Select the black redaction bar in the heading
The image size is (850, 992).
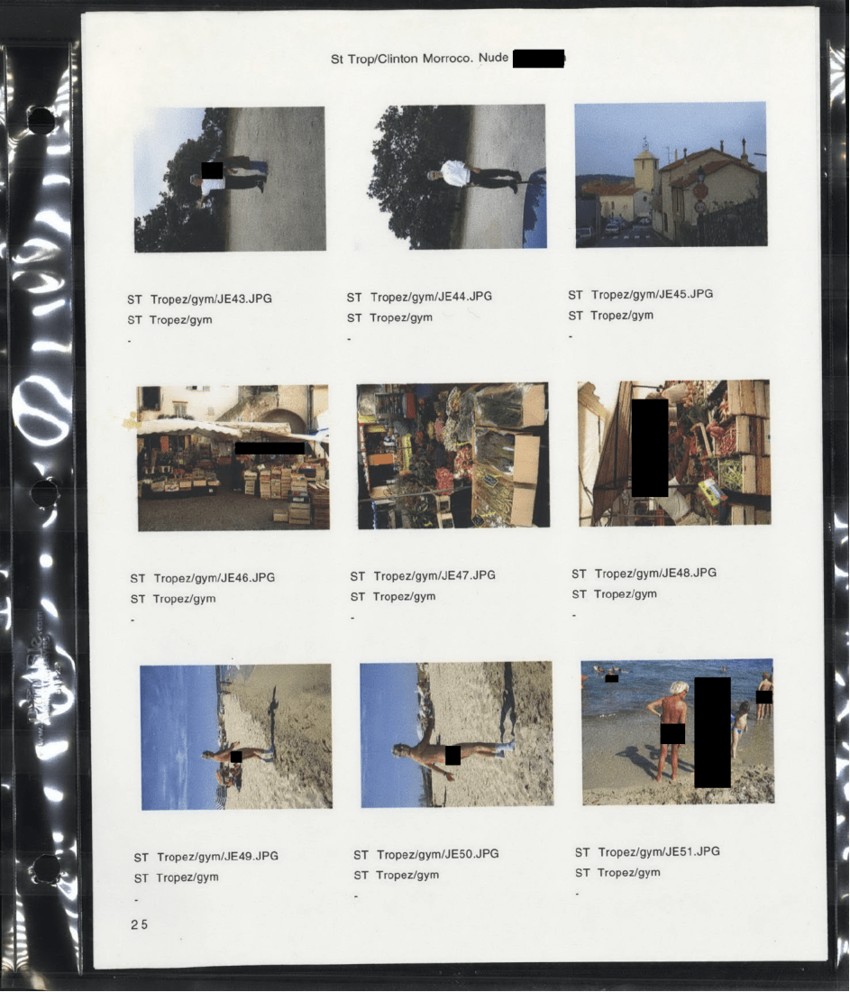pyautogui.click(x=538, y=59)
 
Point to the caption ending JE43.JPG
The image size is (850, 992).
pyautogui.click(x=199, y=299)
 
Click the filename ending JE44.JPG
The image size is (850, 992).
pyautogui.click(x=418, y=297)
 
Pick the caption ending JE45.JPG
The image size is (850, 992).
pyautogui.click(x=640, y=294)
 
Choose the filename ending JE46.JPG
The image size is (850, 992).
pyautogui.click(x=203, y=577)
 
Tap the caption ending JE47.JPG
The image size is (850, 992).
pyautogui.click(x=423, y=575)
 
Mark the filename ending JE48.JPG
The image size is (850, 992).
pyautogui.click(x=644, y=574)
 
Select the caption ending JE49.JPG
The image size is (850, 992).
pyautogui.click(x=206, y=857)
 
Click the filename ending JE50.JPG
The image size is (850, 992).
pyautogui.click(x=425, y=854)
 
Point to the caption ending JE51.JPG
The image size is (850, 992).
pyautogui.click(x=647, y=851)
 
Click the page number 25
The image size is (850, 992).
pyautogui.click(x=139, y=924)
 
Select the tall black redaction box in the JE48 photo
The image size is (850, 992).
pyautogui.click(x=650, y=447)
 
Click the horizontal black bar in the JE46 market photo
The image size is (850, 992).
pyautogui.click(x=270, y=448)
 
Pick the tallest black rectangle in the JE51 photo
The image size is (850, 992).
pyautogui.click(x=713, y=732)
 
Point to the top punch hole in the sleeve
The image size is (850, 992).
pyautogui.click(x=41, y=120)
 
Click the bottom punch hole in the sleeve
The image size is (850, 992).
pyautogui.click(x=46, y=868)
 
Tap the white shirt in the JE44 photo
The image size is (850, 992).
pyautogui.click(x=454, y=173)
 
